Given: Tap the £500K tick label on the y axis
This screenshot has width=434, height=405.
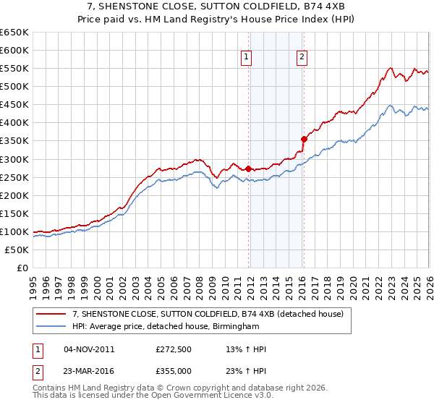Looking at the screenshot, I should (x=14, y=87).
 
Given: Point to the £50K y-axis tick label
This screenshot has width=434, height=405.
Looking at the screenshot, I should (x=17, y=250).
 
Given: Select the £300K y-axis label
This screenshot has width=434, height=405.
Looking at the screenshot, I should (x=14, y=159).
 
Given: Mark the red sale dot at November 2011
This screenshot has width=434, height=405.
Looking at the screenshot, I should (x=248, y=169).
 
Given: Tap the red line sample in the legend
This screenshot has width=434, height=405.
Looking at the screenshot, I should (x=51, y=314).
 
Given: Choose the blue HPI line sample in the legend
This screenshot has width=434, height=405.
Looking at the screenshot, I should (x=51, y=326).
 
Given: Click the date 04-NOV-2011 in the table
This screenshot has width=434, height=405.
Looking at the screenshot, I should (x=89, y=349).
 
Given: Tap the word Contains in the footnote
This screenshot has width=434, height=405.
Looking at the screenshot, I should (x=50, y=389).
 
